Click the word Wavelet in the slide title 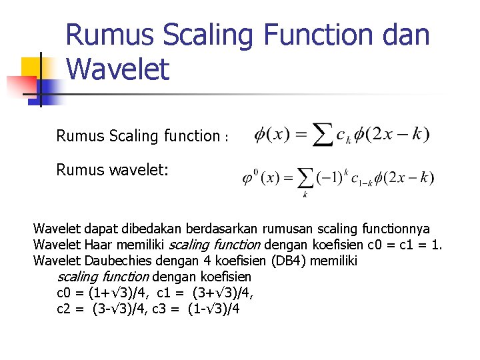[118, 69]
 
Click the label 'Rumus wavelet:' [113, 170]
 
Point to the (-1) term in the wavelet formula [330, 177]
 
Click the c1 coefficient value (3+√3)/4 [224, 293]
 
